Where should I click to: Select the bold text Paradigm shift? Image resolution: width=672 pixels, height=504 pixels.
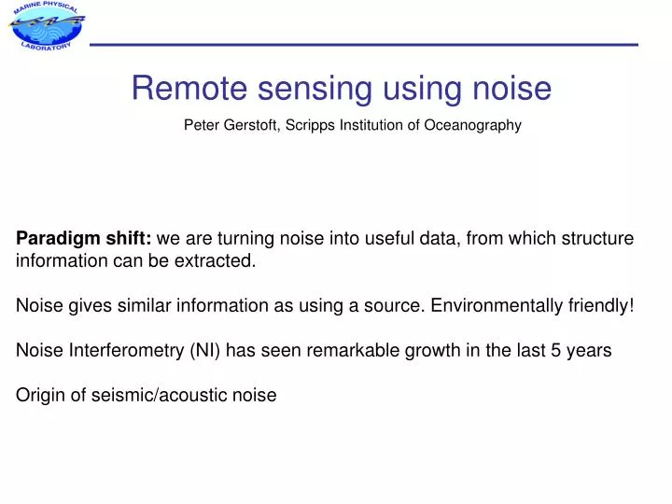(x=84, y=238)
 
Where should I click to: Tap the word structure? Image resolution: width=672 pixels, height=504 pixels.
(x=597, y=238)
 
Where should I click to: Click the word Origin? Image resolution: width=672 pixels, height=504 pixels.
(x=37, y=396)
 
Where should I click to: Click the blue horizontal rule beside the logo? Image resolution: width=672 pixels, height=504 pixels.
(x=364, y=44)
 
